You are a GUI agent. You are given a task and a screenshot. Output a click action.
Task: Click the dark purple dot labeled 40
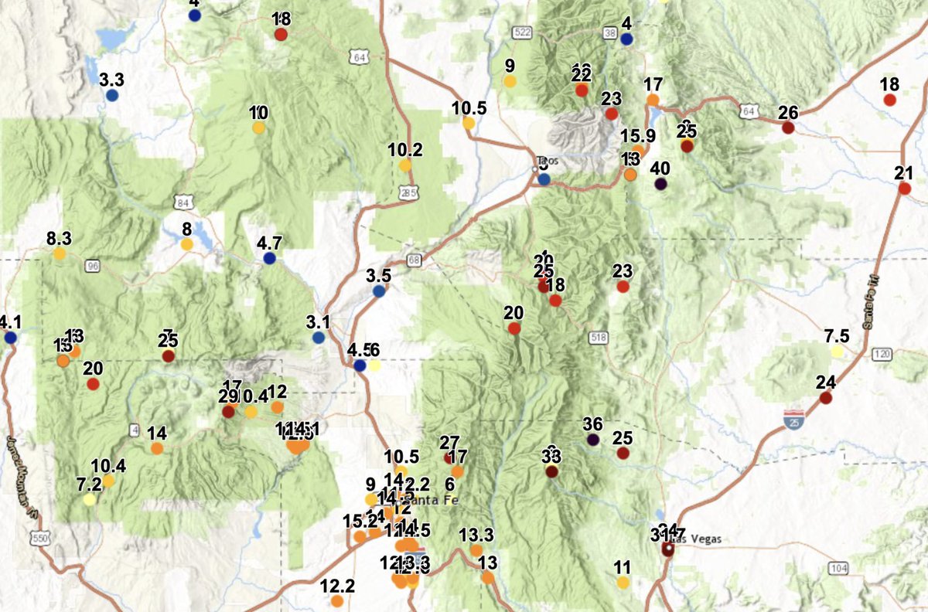click(660, 184)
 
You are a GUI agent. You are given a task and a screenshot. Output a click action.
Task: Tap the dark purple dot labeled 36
click(593, 440)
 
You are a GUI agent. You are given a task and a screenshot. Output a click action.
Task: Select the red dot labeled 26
click(788, 127)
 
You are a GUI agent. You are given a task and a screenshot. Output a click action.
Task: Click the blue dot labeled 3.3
click(112, 96)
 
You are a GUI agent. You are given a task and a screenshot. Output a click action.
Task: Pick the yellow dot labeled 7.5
click(837, 352)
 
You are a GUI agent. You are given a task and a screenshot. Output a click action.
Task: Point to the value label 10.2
click(405, 150)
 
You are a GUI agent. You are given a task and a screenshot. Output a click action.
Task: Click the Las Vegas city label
click(693, 539)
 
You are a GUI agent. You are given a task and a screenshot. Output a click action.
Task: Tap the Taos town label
click(550, 161)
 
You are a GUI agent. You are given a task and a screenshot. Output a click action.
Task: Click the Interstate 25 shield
click(791, 417)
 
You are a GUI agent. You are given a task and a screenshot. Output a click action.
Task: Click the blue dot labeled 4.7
click(269, 259)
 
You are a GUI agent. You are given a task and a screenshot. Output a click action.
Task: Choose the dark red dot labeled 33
click(551, 471)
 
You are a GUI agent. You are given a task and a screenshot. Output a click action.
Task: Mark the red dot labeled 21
click(903, 188)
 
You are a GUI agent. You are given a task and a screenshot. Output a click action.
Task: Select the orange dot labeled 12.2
click(337, 600)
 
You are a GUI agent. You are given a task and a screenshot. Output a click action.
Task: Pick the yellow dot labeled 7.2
click(90, 500)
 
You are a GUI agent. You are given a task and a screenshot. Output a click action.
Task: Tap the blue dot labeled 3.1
click(319, 338)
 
